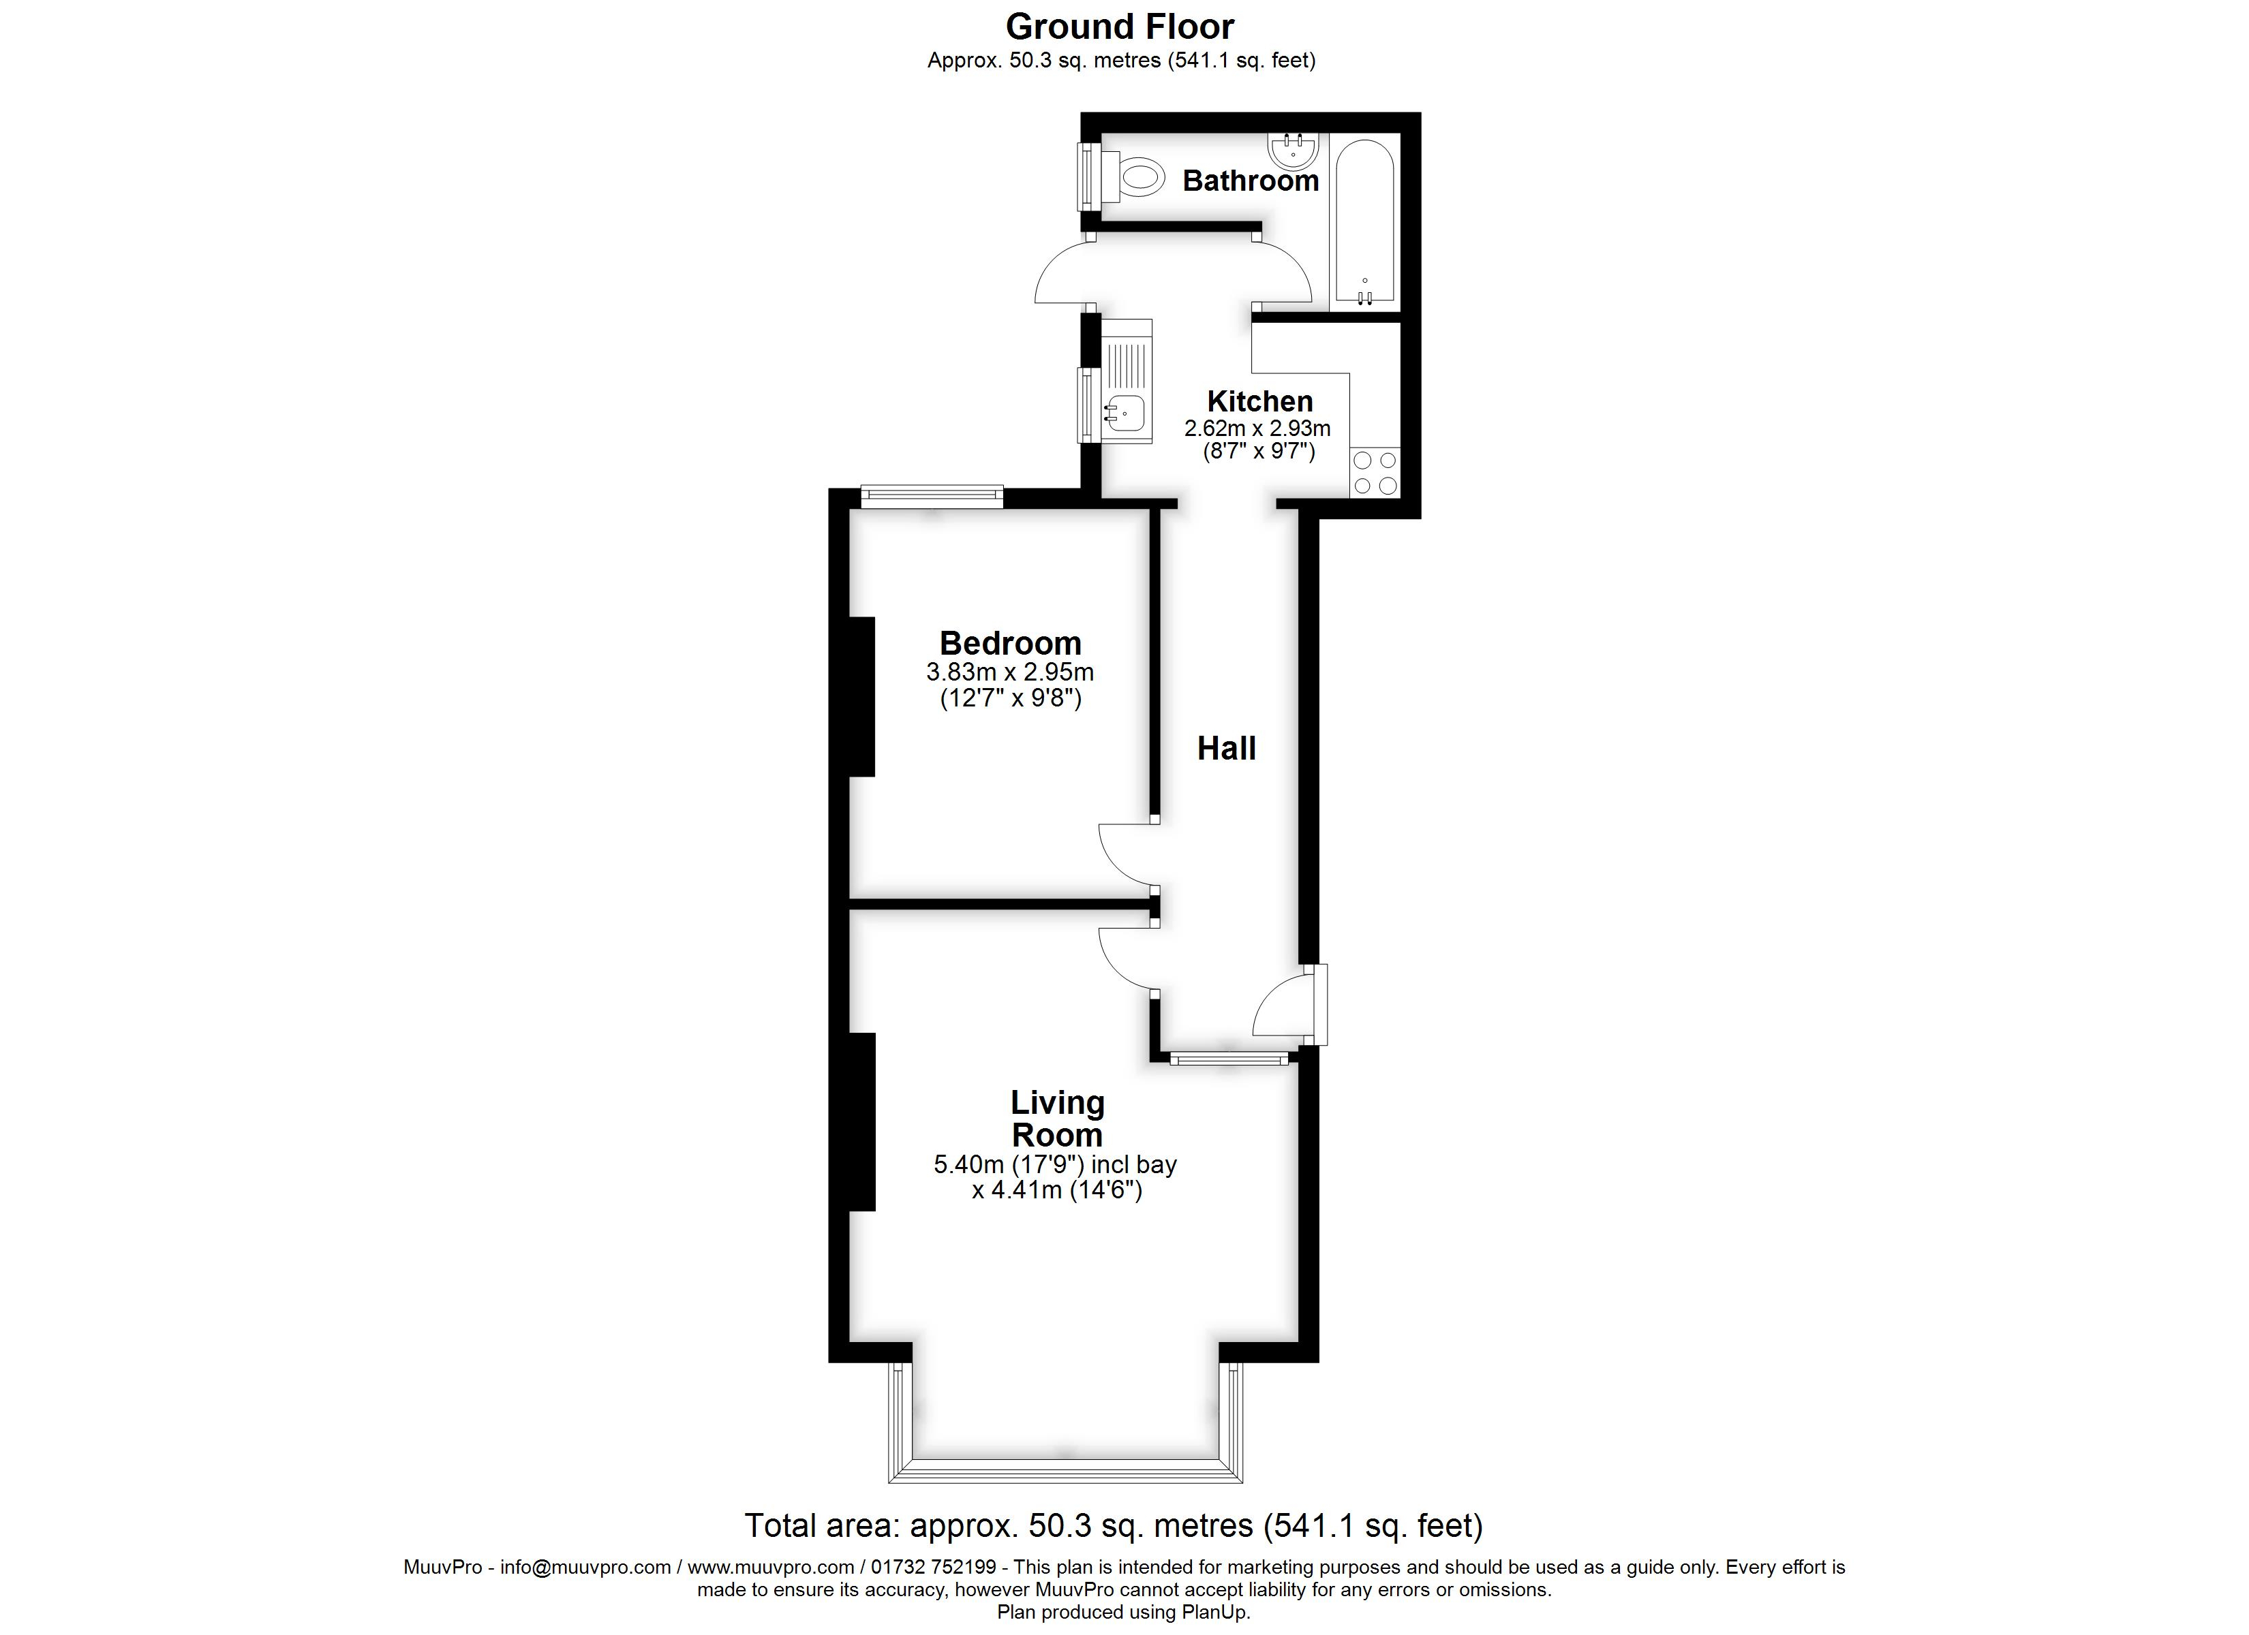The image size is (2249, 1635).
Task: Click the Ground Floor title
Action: point(1120,27)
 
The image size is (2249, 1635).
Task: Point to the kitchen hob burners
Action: point(1375,473)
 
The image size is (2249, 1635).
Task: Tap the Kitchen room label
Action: point(1259,401)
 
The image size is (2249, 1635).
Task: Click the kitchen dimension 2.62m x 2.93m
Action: point(1257,429)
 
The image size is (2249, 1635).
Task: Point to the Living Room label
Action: point(1057,1119)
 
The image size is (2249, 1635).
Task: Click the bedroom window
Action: point(932,496)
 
